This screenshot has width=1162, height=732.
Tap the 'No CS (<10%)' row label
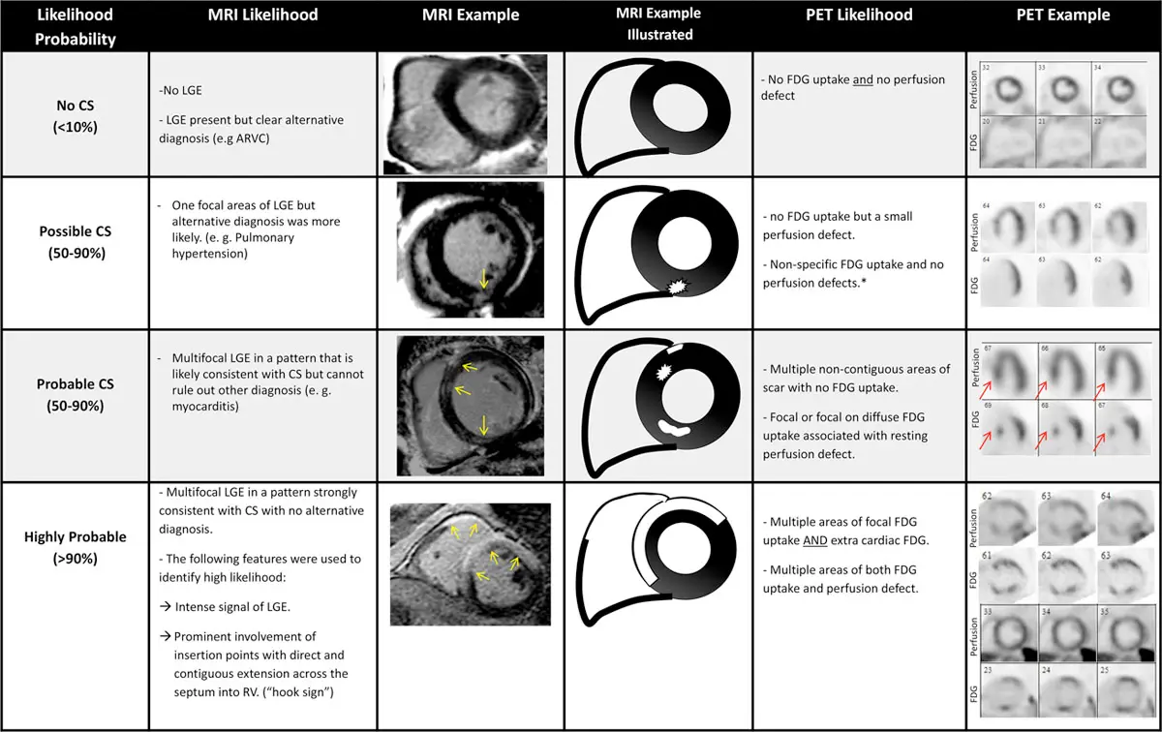click(75, 112)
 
